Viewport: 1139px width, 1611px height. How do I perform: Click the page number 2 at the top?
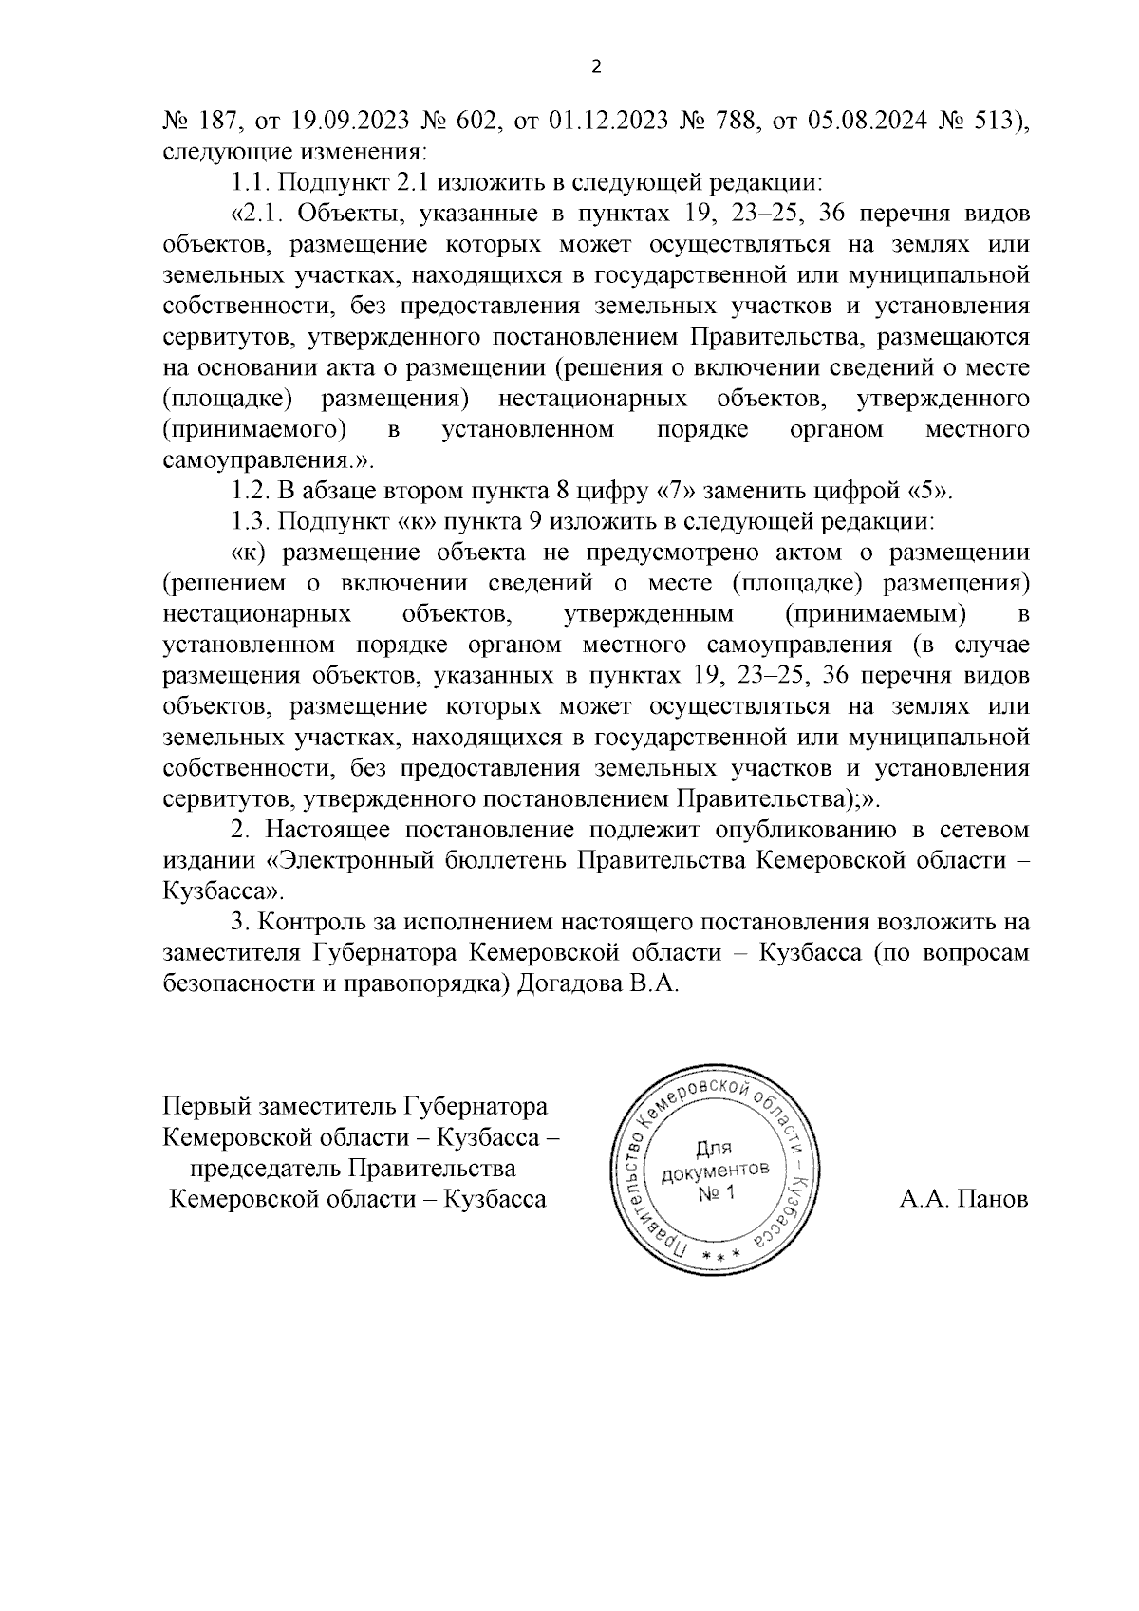pyautogui.click(x=595, y=66)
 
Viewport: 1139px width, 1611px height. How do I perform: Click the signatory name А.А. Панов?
pyautogui.click(x=963, y=1199)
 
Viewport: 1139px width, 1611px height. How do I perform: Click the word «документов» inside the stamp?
pyautogui.click(x=717, y=1171)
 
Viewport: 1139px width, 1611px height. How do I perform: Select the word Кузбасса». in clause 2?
pyautogui.click(x=224, y=892)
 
